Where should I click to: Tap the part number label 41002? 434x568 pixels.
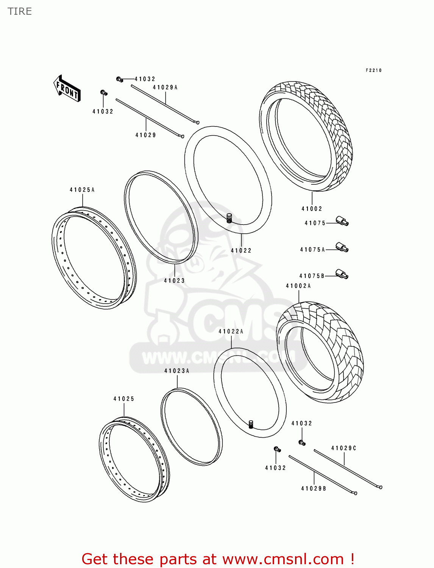[x=312, y=209]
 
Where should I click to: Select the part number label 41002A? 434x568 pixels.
[x=298, y=286]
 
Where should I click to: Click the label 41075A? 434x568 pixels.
[x=312, y=250]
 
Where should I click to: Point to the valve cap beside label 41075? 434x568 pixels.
[x=342, y=221]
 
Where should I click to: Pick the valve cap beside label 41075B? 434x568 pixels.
[x=342, y=274]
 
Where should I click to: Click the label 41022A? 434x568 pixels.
[x=231, y=331]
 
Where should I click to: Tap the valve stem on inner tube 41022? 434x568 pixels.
[x=229, y=218]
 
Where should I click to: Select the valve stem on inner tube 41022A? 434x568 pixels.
[x=250, y=424]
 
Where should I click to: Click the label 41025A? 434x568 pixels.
[x=82, y=190]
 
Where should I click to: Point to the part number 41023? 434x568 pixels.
[x=174, y=281]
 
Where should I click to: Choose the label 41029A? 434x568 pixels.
[x=165, y=87]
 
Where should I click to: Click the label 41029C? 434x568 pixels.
[x=344, y=448]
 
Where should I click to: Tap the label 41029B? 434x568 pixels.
[x=314, y=488]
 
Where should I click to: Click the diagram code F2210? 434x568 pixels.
[x=374, y=70]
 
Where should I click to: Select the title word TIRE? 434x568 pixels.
[x=20, y=11]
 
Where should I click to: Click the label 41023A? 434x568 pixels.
[x=177, y=371]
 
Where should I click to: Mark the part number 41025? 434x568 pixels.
[x=124, y=399]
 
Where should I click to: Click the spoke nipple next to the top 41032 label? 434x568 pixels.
[x=119, y=79]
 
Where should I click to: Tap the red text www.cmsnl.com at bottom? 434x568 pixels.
[x=283, y=559]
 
